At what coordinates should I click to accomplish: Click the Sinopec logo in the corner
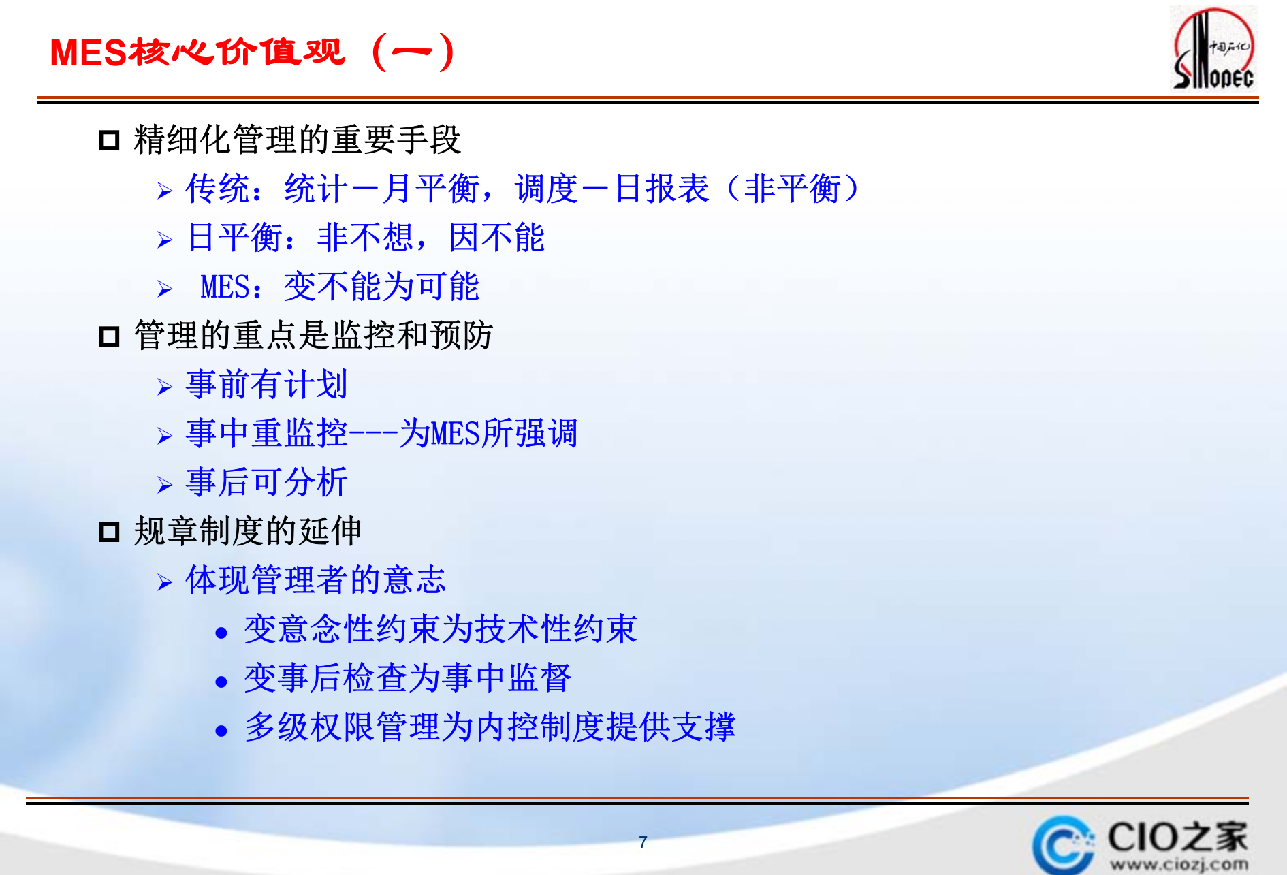[x=1213, y=49]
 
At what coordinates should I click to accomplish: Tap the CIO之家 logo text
[x=1177, y=837]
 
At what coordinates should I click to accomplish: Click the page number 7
[x=643, y=842]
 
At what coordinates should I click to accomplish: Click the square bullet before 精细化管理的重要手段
[x=109, y=141]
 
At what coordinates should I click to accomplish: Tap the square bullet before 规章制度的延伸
[x=109, y=532]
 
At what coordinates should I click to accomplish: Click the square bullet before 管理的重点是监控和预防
[x=109, y=336]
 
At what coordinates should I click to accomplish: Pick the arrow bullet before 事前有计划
[x=164, y=387]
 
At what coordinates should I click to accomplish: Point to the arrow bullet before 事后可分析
[x=164, y=485]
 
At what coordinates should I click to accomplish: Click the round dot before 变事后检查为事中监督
[x=221, y=682]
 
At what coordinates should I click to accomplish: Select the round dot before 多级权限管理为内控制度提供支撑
[x=221, y=731]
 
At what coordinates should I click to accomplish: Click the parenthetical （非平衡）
[x=793, y=189]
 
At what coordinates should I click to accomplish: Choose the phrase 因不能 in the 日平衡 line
[x=496, y=238]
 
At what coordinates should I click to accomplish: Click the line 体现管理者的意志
[x=315, y=580]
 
